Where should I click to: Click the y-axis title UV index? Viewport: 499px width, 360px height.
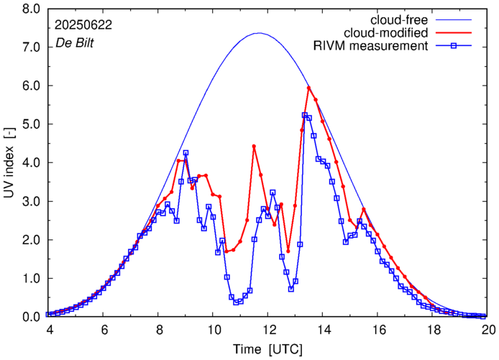pyautogui.click(x=9, y=162)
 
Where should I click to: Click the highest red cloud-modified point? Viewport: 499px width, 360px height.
pyautogui.click(x=308, y=88)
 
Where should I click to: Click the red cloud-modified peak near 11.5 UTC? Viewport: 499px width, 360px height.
pyautogui.click(x=254, y=146)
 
